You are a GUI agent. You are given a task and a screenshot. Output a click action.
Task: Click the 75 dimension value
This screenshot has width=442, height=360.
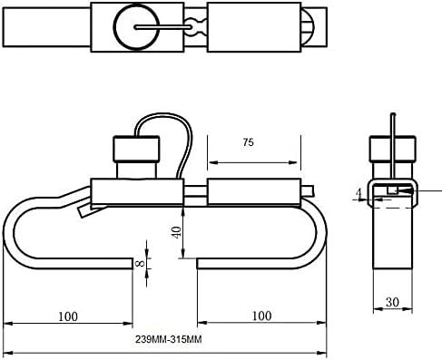click(x=248, y=141)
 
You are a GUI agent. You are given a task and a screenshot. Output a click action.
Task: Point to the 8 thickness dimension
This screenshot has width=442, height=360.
click(x=139, y=265)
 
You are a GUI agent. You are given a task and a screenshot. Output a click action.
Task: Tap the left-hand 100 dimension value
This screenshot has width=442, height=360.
click(x=66, y=316)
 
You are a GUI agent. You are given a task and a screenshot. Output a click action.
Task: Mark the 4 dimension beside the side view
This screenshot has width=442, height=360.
click(x=359, y=192)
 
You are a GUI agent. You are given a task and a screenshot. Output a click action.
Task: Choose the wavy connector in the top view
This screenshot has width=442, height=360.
click(x=195, y=27)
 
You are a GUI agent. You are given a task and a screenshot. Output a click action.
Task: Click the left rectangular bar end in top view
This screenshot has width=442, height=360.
click(x=45, y=28)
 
